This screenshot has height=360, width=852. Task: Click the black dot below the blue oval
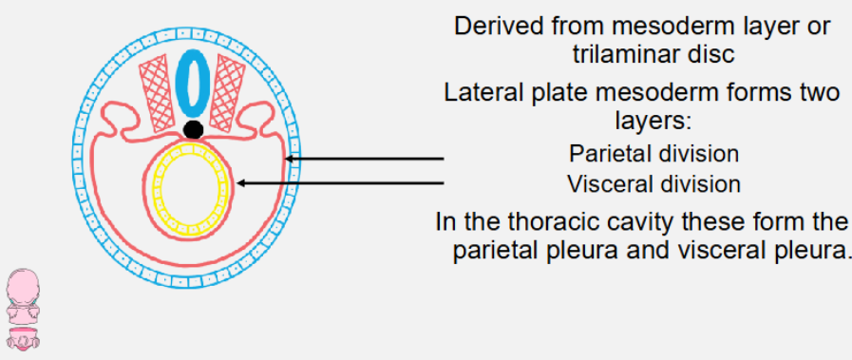(x=194, y=129)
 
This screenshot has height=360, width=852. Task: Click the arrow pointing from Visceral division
(x=342, y=183)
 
